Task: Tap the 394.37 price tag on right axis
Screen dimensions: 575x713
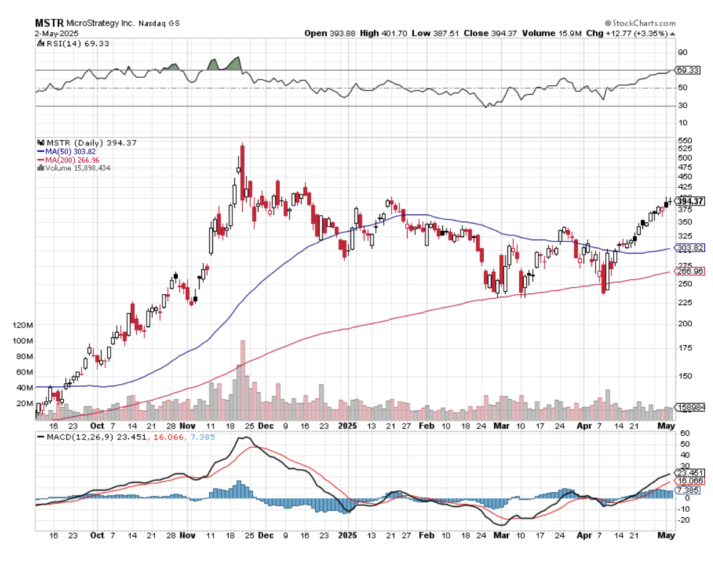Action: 690,201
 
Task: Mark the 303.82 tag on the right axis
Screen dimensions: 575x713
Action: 690,248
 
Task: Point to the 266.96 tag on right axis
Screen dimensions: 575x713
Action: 690,272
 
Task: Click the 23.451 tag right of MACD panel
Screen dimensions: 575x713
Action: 690,472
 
